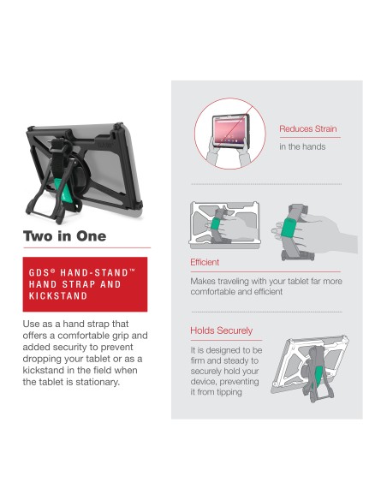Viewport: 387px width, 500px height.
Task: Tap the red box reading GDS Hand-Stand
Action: (86, 283)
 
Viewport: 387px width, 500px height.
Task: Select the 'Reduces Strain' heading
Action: (309, 128)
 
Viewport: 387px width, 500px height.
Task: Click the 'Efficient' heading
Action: (205, 262)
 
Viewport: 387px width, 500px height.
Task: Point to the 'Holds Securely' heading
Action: (221, 330)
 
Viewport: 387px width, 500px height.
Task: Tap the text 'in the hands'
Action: (301, 146)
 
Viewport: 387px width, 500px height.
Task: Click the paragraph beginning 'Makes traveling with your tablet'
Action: (265, 286)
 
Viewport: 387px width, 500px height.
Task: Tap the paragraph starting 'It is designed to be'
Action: (225, 372)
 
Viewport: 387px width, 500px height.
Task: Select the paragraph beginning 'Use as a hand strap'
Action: (84, 353)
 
